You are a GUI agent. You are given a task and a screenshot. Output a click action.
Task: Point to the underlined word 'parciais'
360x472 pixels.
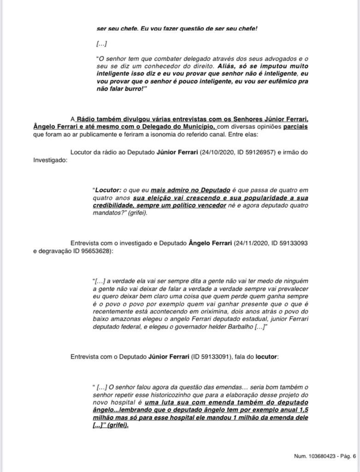point(295,126)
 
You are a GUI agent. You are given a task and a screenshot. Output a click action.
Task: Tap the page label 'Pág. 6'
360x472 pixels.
point(348,456)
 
